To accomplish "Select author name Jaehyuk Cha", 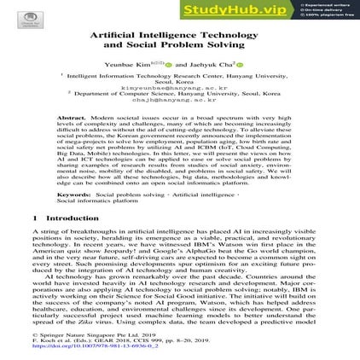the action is (x=206, y=64).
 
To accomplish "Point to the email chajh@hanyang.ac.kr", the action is (x=180, y=99).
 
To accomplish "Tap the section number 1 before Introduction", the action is (x=34, y=218).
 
